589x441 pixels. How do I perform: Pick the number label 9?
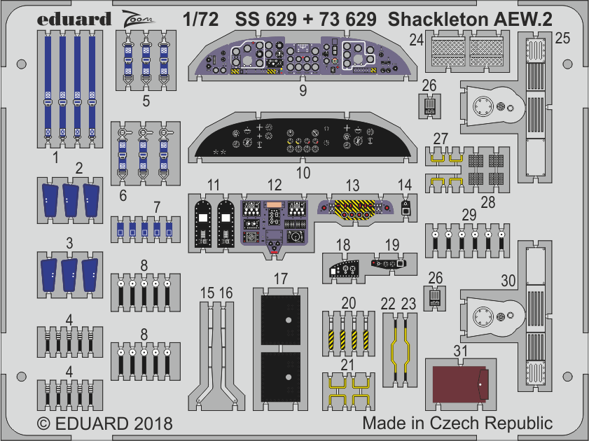click(x=302, y=90)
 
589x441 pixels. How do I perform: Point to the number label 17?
click(x=280, y=278)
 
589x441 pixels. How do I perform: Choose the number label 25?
click(x=562, y=40)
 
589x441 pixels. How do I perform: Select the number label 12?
click(x=274, y=185)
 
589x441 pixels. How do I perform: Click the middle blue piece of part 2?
click(x=70, y=198)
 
